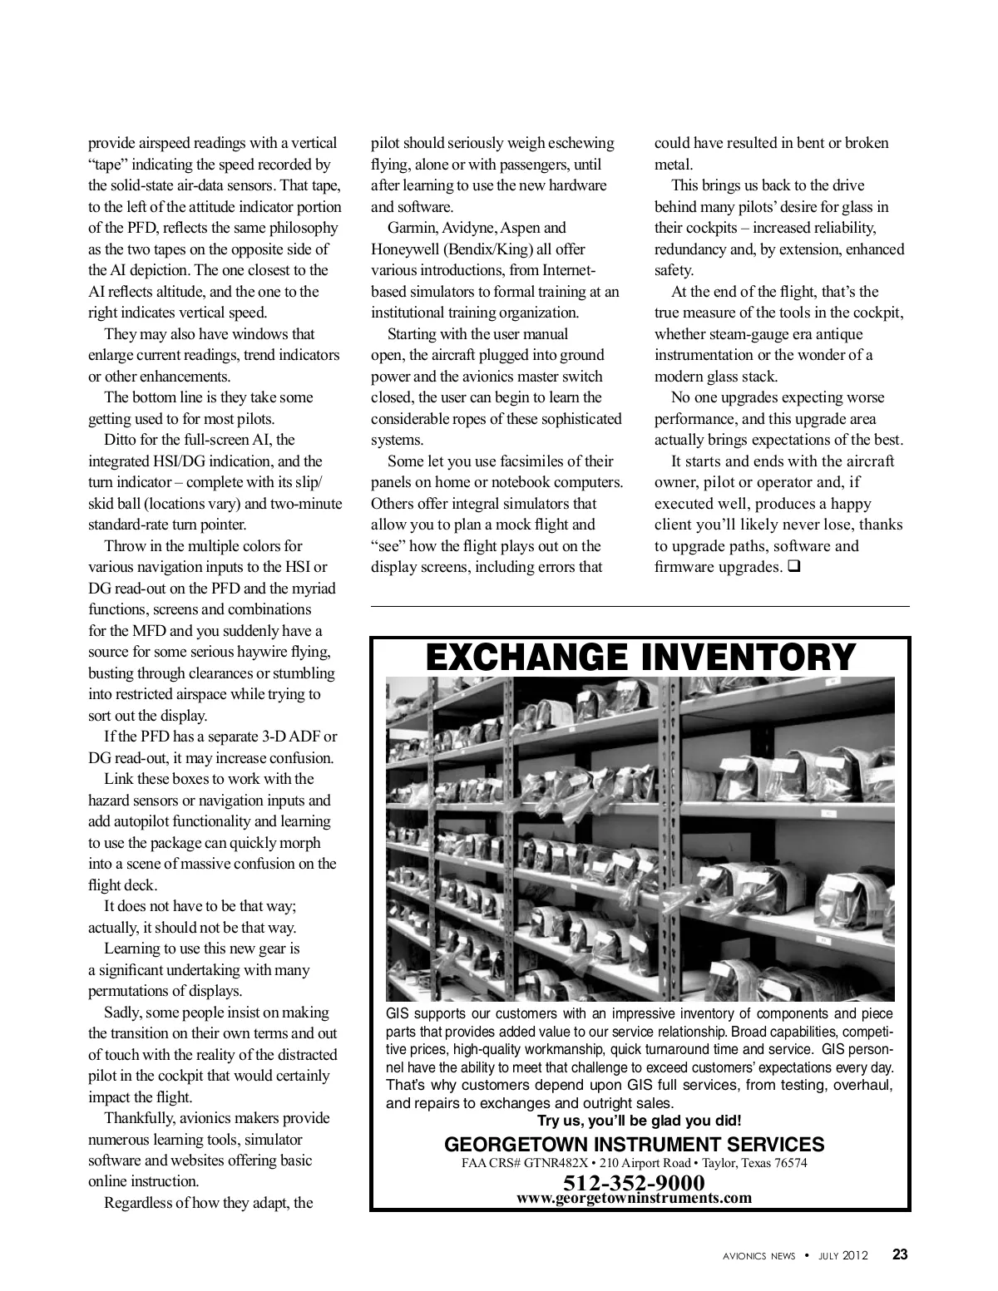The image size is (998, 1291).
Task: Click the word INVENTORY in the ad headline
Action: pos(748,657)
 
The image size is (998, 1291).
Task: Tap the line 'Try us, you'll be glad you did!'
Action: pos(639,1121)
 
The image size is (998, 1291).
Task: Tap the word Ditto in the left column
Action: pos(121,440)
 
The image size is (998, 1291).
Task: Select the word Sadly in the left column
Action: pos(123,1013)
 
